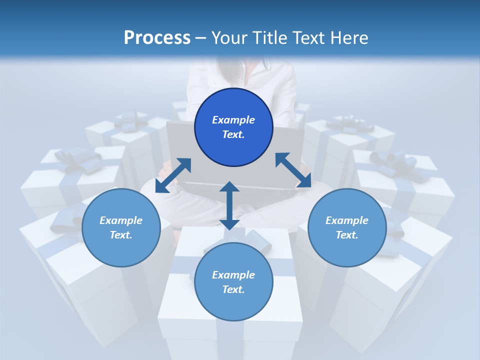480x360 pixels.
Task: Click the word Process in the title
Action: (x=157, y=38)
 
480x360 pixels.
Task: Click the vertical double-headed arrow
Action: (x=229, y=205)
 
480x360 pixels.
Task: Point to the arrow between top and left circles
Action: (x=173, y=175)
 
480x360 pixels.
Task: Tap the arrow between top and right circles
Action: (x=293, y=170)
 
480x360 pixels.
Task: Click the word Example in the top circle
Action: (x=233, y=120)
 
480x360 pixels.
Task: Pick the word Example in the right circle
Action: (x=347, y=220)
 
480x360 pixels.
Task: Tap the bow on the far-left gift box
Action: (x=75, y=158)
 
